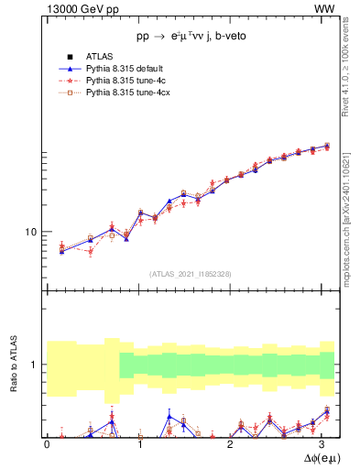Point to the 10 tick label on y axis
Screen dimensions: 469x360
pos(31,232)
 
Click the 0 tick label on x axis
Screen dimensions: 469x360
pos(47,443)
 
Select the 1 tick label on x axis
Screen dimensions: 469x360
pos(140,443)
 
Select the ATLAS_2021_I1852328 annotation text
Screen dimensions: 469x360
pos(191,274)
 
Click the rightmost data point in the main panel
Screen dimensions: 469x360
pos(327,146)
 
